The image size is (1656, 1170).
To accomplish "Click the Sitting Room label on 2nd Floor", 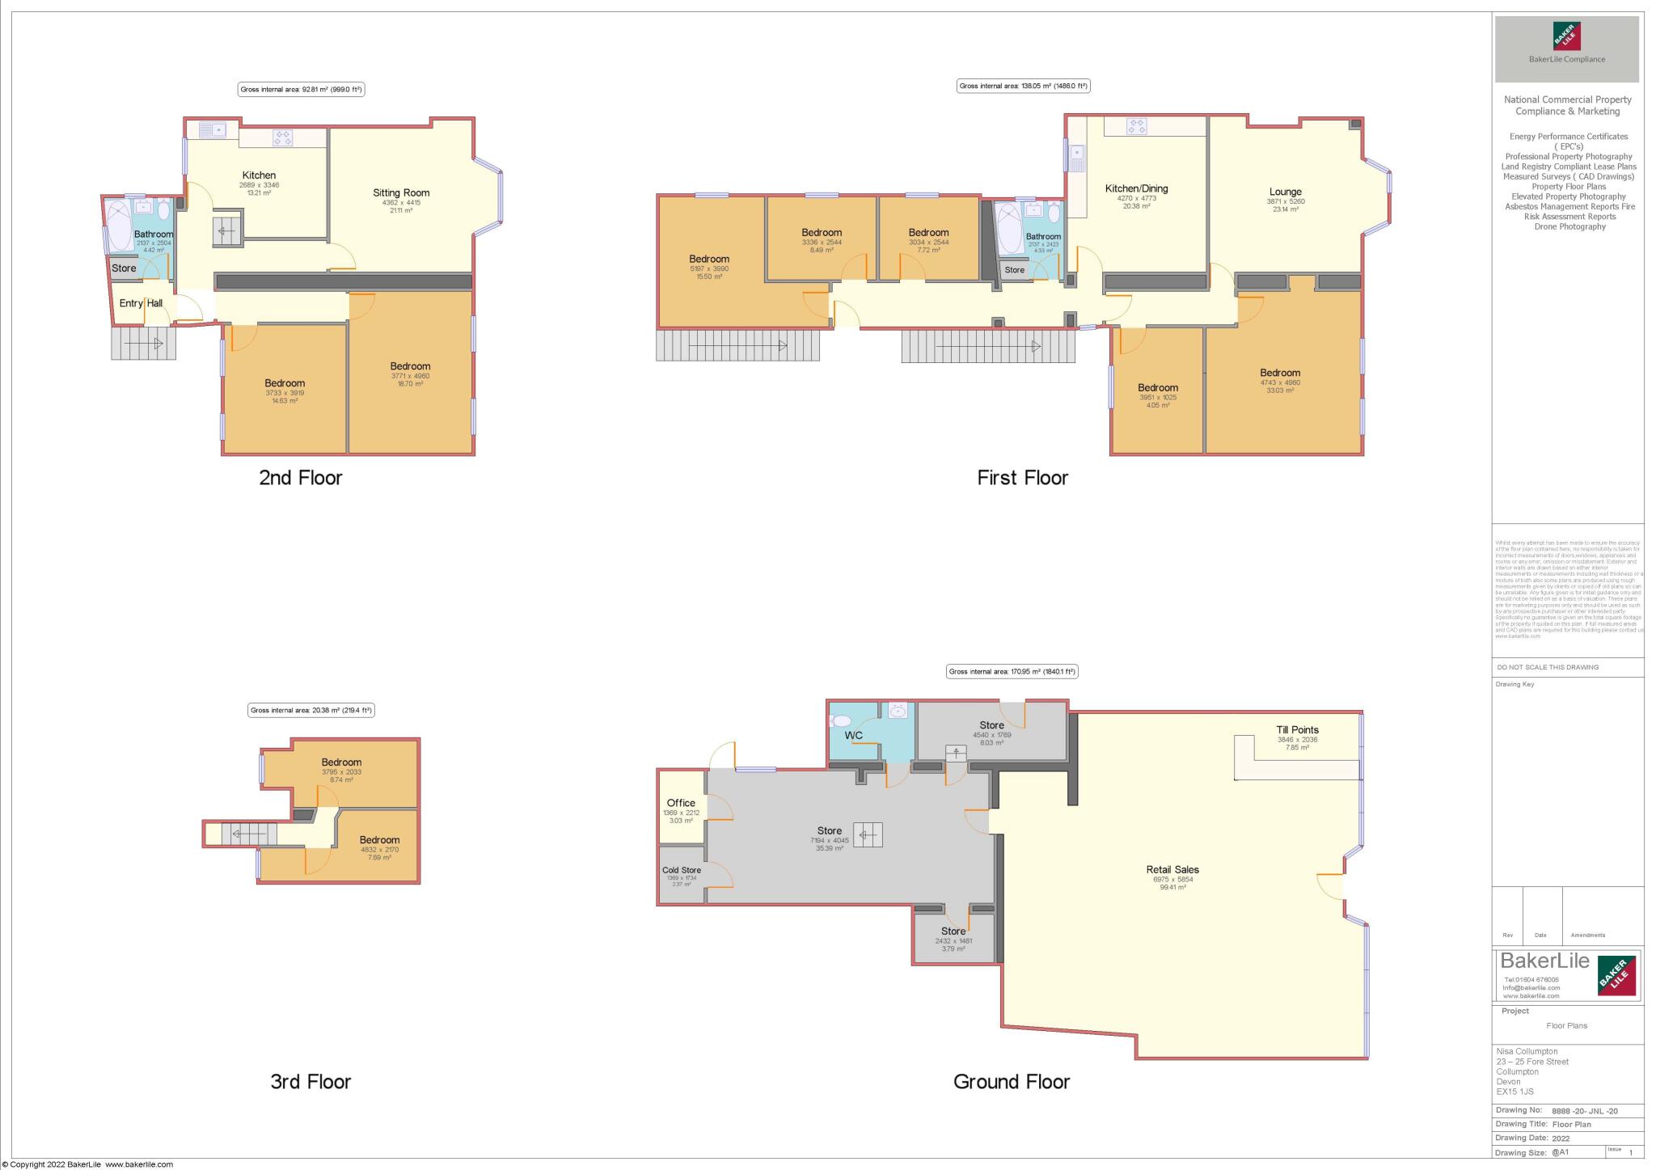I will (x=401, y=192).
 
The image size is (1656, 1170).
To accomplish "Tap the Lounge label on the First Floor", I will (x=1285, y=192).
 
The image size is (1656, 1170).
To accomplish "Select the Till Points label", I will (x=1297, y=729).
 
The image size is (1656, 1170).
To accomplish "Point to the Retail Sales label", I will (x=1172, y=869).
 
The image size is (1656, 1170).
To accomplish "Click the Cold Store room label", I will (x=681, y=870).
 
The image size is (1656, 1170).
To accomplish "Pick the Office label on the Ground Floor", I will (x=681, y=803).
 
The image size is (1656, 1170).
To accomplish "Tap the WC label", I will (x=853, y=735).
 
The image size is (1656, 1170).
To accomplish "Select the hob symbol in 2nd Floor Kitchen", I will (x=282, y=137).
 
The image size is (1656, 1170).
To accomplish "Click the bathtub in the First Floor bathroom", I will (x=1009, y=229).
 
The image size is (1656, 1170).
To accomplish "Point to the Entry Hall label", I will (x=141, y=303).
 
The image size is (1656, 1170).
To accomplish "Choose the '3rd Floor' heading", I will (x=310, y=1081).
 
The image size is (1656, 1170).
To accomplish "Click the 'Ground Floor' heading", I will (x=1011, y=1081).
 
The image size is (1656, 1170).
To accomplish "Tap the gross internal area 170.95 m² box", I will (x=1012, y=671).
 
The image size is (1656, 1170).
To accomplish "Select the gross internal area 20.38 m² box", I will (x=310, y=710).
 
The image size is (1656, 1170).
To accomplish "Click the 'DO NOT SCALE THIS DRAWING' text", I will (x=1548, y=667).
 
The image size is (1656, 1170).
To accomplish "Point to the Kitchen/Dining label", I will (x=1136, y=188).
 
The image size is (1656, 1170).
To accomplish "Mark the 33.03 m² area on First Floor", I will (x=1279, y=391).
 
